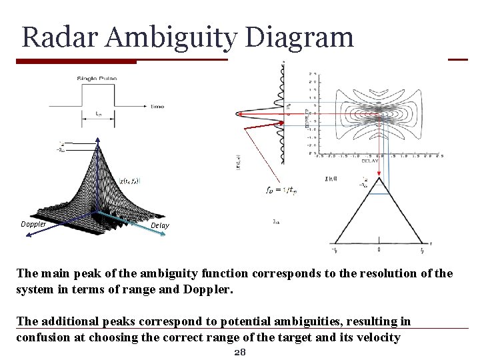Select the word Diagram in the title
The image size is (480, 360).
(299, 37)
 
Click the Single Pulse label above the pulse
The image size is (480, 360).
(97, 79)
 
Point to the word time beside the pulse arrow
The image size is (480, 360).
(158, 105)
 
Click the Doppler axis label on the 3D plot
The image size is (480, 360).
(33, 224)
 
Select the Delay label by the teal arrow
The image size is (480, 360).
(160, 225)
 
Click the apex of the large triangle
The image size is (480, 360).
(378, 177)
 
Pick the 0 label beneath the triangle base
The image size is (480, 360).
(379, 250)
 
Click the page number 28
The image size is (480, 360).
(240, 352)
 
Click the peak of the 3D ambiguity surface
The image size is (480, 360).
(98, 143)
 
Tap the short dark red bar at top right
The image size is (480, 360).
(458, 59)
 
